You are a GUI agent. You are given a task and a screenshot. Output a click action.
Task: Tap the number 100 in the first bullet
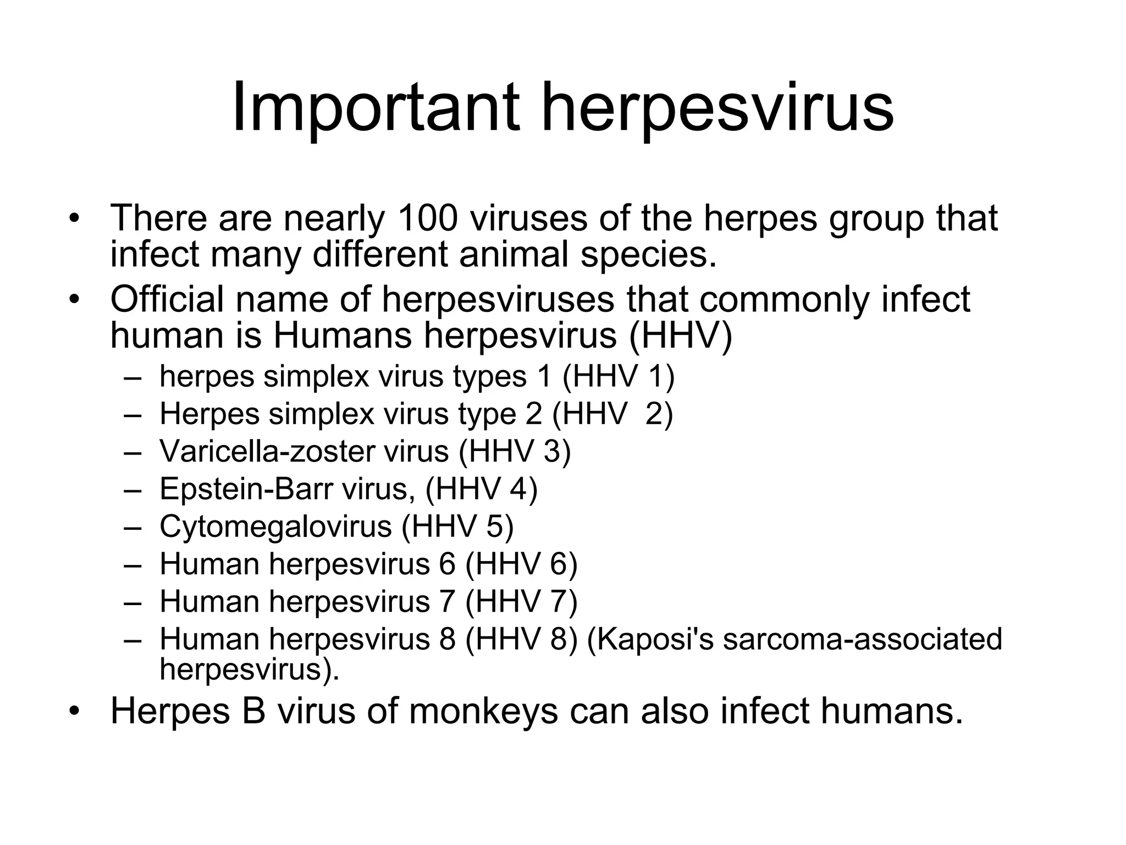tap(427, 218)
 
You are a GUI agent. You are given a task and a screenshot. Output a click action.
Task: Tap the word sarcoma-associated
tap(863, 639)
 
